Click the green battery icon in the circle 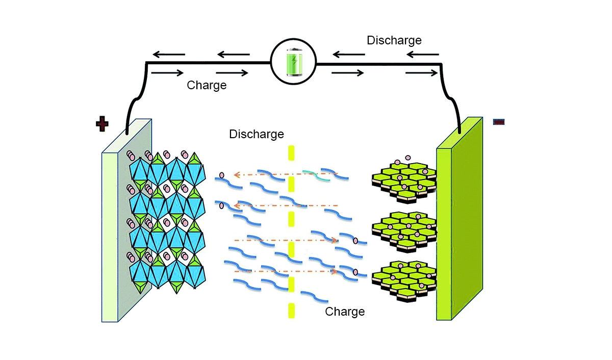point(293,63)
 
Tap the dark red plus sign point(103,123)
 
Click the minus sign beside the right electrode point(498,121)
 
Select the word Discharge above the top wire point(394,40)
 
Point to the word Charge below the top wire point(207,85)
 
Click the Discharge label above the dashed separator point(257,135)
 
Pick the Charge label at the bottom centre point(345,311)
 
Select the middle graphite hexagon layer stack point(404,229)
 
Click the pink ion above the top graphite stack point(407,158)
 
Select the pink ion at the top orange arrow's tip point(221,176)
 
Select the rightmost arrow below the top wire point(422,73)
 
